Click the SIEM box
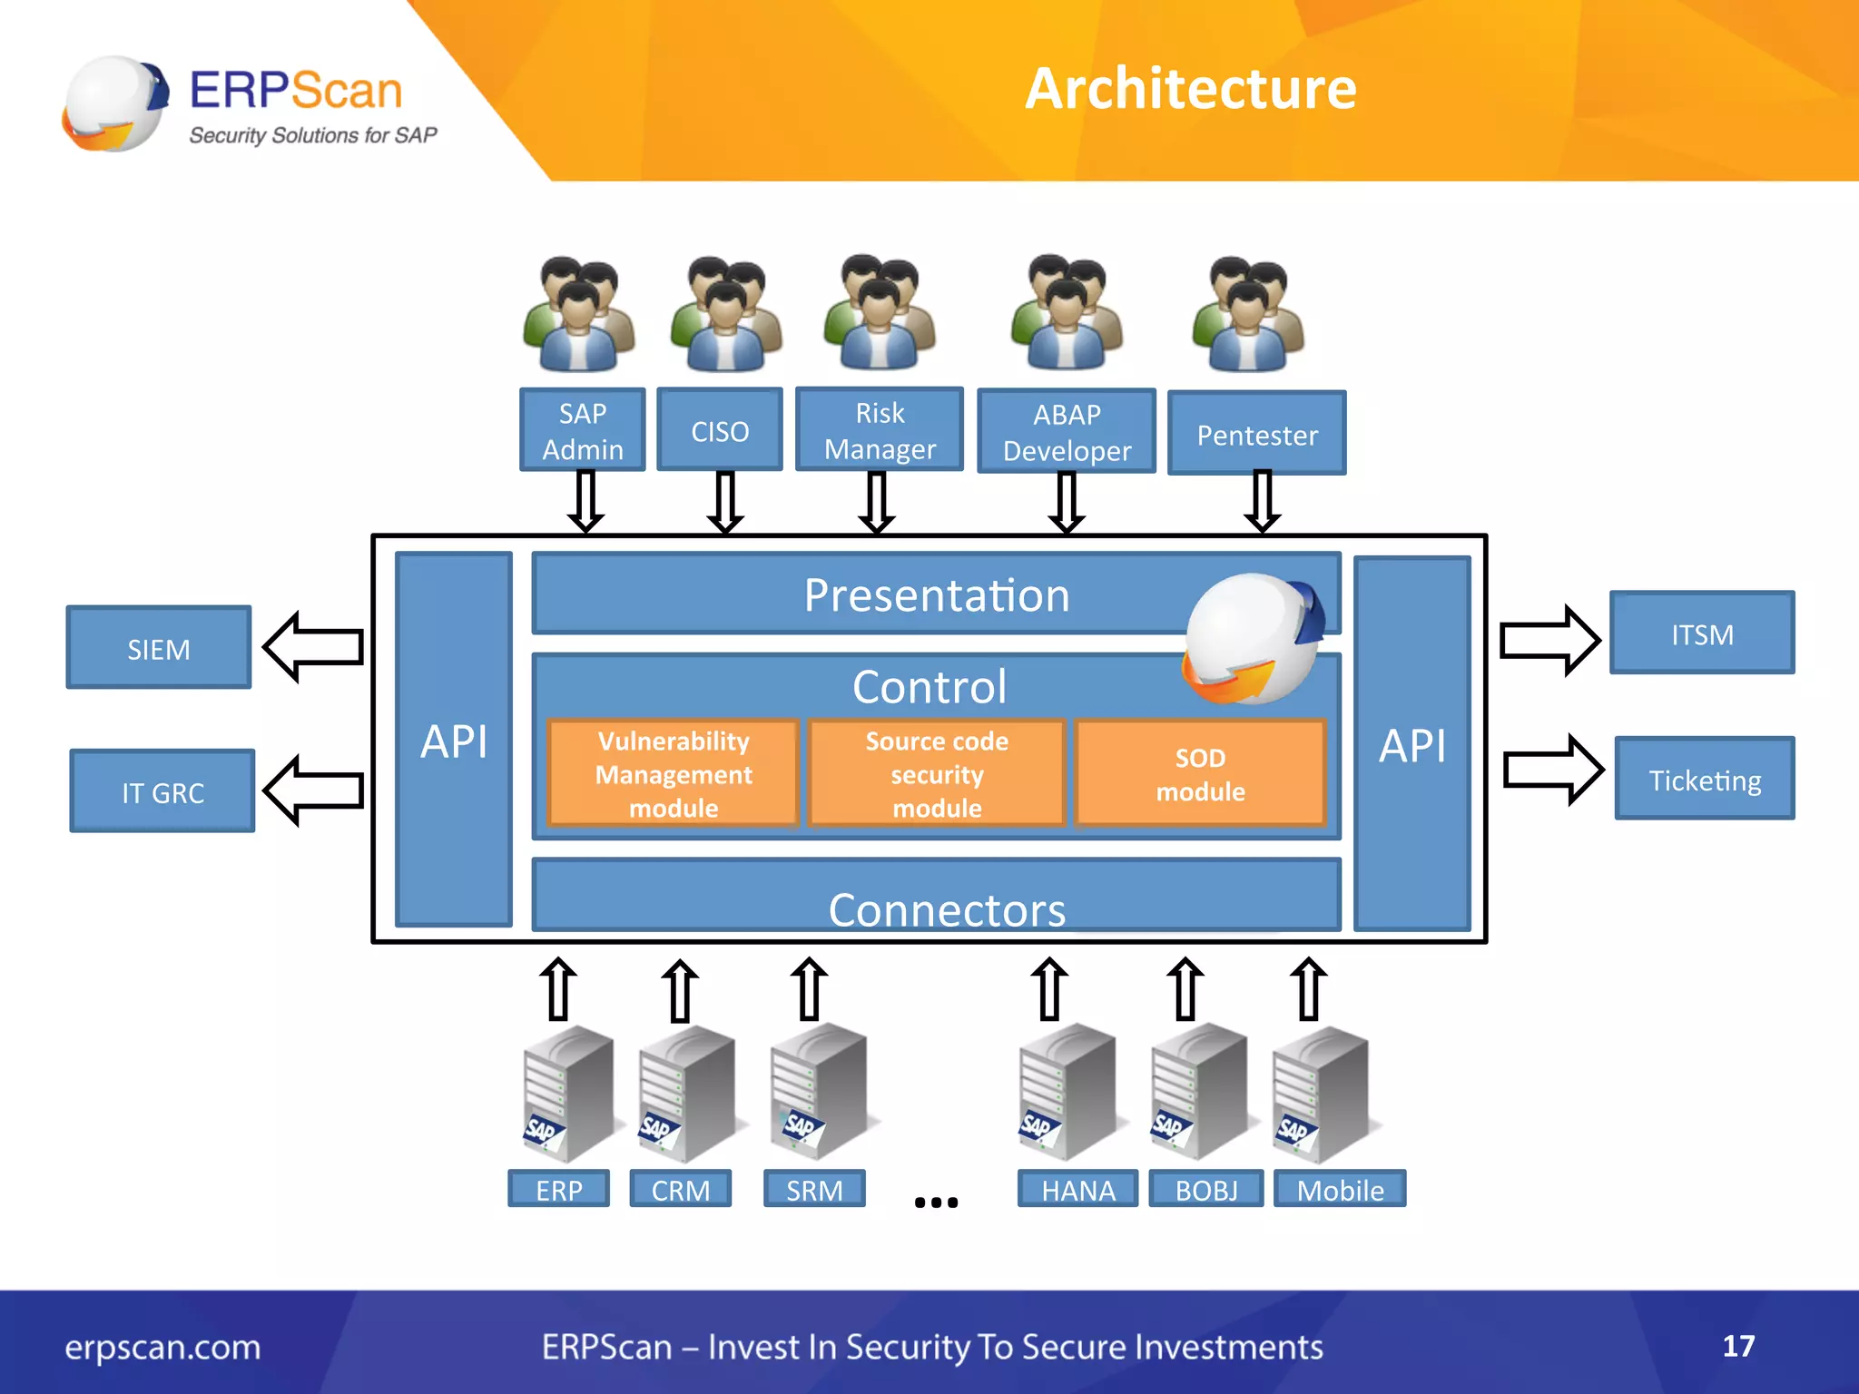159,648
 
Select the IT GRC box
162,791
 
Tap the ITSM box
1702,633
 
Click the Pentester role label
1256,434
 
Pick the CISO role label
720,430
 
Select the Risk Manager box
879,430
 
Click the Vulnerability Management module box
674,774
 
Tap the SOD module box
1200,774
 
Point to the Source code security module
937,774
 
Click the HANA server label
1077,1189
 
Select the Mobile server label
1340,1189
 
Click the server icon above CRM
685,1094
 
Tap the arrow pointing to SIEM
313,646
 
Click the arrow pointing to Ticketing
1552,771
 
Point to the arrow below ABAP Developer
1067,502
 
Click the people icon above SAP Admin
579,314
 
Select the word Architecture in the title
1190,89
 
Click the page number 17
1738,1346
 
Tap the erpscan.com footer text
162,1347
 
